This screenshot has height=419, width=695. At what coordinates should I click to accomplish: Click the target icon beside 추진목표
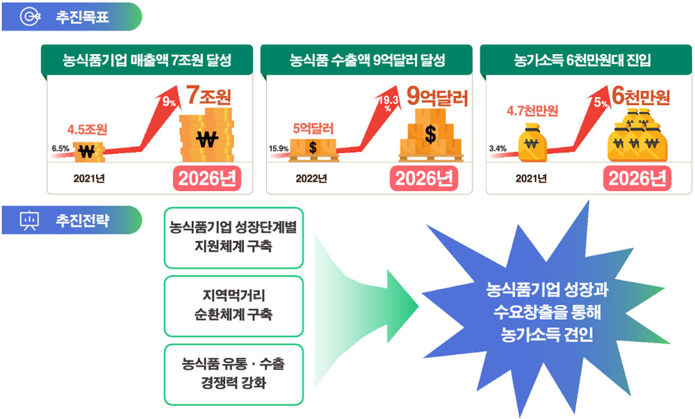(30, 17)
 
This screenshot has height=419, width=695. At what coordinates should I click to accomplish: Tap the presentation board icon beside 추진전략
(30, 220)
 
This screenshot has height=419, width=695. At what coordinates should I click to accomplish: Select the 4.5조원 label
(88, 129)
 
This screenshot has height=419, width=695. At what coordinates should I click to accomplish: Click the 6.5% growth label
(60, 149)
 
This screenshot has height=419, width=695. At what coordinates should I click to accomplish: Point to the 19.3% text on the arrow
(388, 104)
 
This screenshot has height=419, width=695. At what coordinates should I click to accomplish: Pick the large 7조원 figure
(208, 95)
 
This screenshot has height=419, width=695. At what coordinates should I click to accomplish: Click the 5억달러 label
(313, 129)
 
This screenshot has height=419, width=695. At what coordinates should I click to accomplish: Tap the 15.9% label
(279, 149)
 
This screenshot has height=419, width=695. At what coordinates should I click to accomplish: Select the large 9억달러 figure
(437, 96)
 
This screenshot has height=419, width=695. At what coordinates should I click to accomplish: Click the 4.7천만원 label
(532, 110)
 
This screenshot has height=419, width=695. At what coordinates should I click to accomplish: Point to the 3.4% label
(498, 149)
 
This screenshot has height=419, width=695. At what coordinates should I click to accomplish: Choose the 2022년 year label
(311, 179)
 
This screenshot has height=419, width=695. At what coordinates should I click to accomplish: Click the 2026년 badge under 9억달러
(424, 179)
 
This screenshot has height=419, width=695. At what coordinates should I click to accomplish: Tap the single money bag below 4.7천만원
(532, 142)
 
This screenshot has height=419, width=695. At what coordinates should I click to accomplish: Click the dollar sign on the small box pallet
(313, 147)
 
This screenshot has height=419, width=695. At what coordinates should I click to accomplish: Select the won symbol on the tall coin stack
(207, 140)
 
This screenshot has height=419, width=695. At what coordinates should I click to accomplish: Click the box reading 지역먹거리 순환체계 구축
(234, 306)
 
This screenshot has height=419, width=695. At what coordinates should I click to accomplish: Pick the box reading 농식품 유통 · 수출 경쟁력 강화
(234, 375)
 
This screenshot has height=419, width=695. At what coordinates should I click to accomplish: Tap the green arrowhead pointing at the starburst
(402, 306)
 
